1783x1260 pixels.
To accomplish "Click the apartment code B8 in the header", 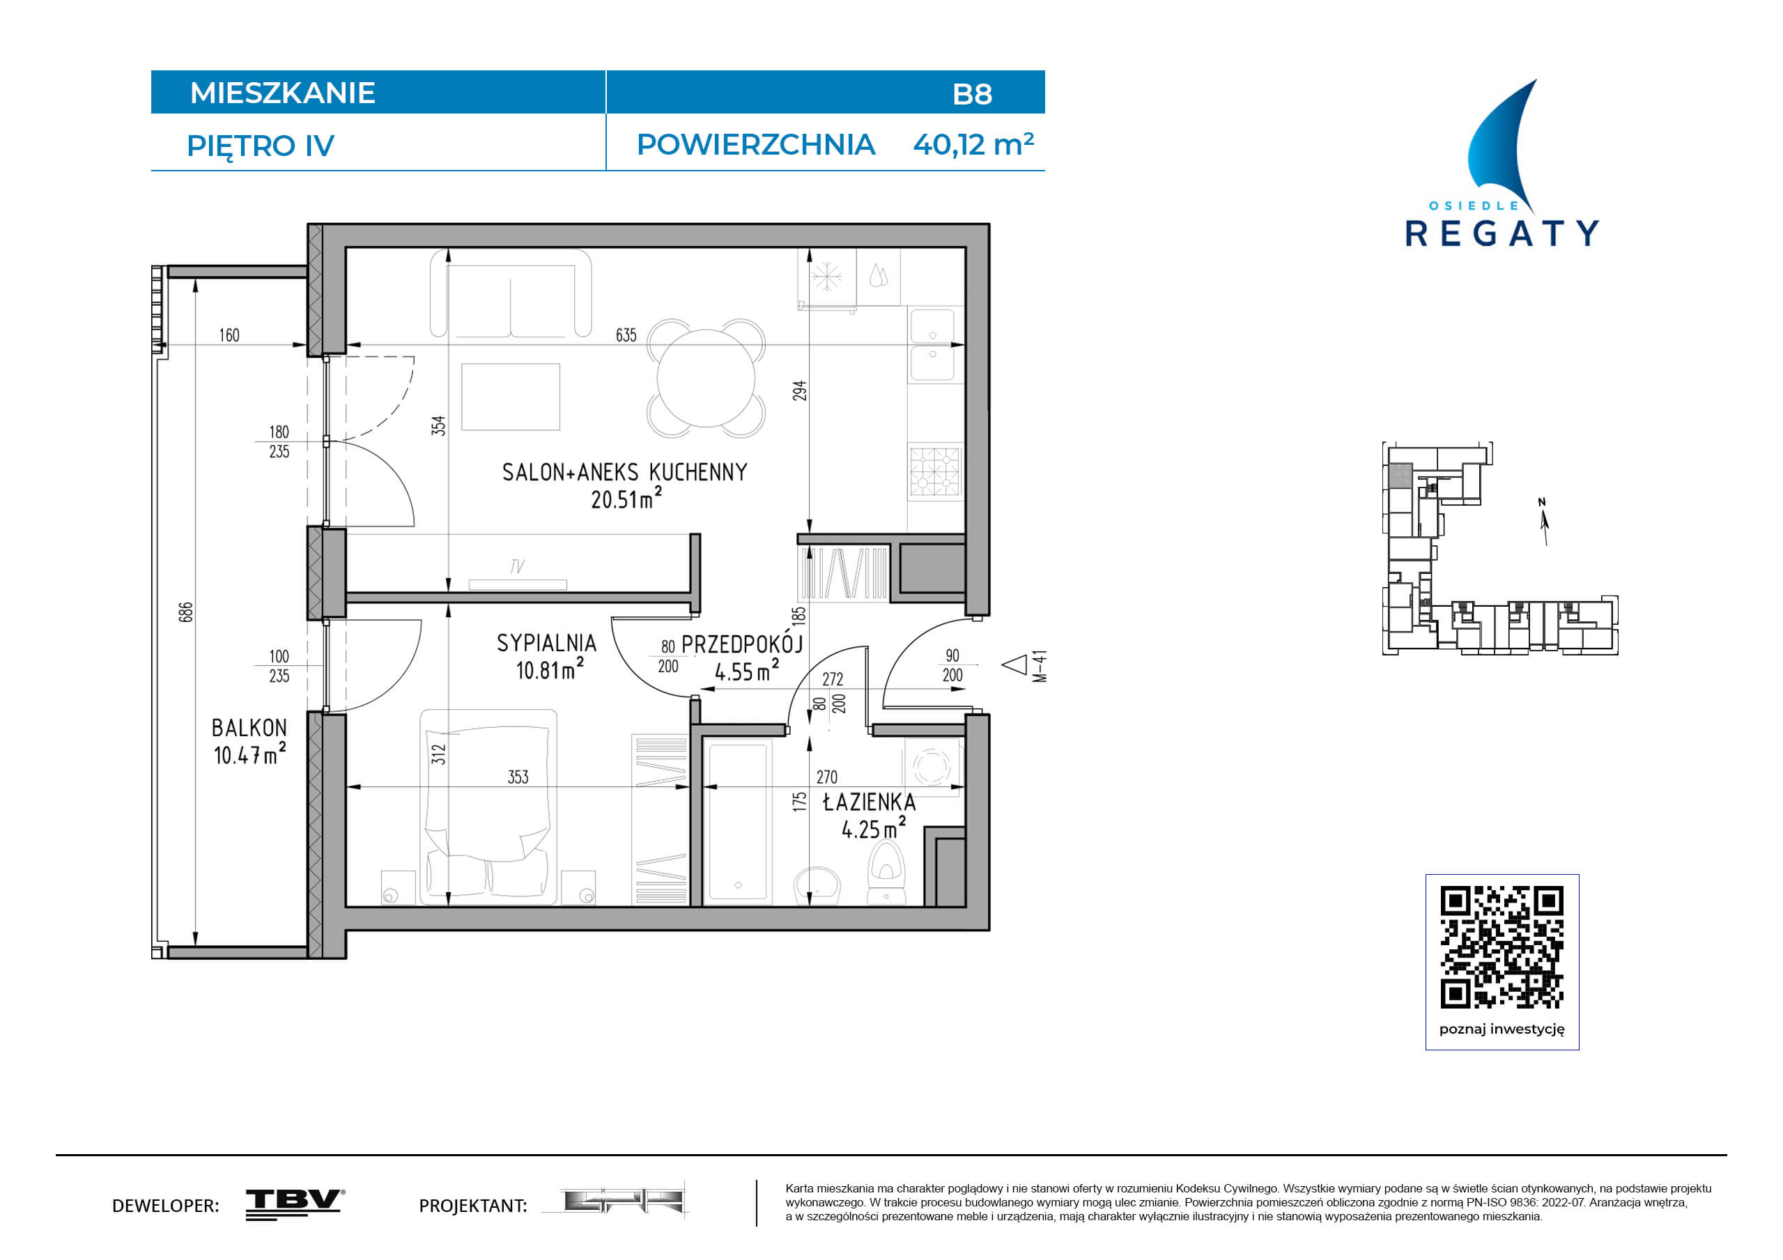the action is (971, 94).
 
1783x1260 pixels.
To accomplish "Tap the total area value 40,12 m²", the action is (973, 144).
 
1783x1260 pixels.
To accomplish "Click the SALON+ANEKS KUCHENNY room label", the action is (624, 472).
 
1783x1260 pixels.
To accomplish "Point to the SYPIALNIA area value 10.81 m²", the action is (550, 669).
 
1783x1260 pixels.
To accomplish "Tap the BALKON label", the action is (249, 727).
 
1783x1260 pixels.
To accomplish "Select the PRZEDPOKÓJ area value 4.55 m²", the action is (747, 671).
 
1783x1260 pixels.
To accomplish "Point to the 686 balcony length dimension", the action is (185, 612).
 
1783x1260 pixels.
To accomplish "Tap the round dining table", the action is (706, 379).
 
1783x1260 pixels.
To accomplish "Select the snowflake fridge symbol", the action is (827, 277).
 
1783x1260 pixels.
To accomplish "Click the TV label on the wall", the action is (517, 567).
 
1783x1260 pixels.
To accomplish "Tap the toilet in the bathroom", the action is (886, 873).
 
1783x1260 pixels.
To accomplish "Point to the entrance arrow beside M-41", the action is (1014, 665).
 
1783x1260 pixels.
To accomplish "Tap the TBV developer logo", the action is (295, 1204).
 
